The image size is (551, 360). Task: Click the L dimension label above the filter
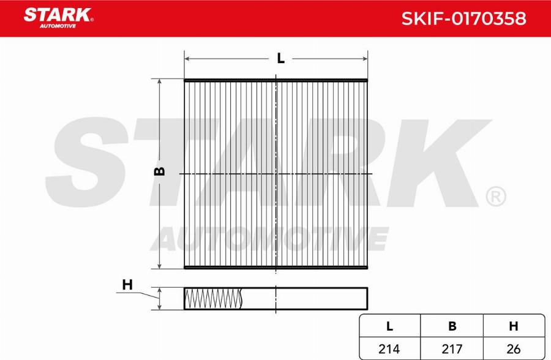pyautogui.click(x=280, y=59)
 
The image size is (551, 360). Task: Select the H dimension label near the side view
pyautogui.click(x=127, y=285)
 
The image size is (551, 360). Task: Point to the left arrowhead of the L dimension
pyautogui.click(x=188, y=59)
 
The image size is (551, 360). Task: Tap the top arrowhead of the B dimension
pyautogui.click(x=159, y=82)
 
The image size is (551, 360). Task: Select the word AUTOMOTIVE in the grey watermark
pyautogui.click(x=272, y=238)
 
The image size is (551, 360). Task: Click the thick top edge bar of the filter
pyautogui.click(x=276, y=80)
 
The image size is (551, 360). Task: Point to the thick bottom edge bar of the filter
pyautogui.click(x=276, y=268)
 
